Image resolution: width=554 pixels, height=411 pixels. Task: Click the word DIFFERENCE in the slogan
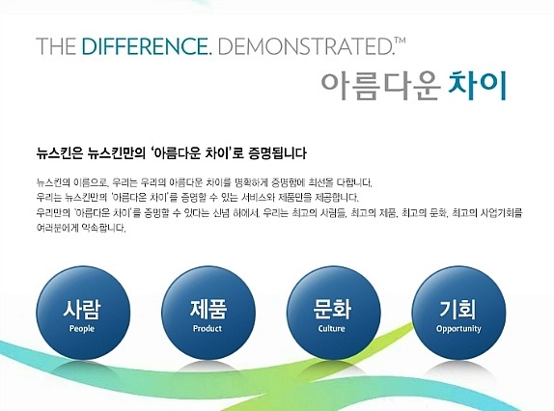coord(137,46)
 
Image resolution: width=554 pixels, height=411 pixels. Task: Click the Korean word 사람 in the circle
coord(82,310)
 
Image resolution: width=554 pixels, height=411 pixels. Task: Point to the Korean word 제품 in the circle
coord(207,310)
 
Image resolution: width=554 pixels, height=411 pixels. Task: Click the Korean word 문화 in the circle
coord(331,310)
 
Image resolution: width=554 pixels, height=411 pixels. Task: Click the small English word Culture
coord(331,329)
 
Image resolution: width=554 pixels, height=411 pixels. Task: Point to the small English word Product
coord(207,329)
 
